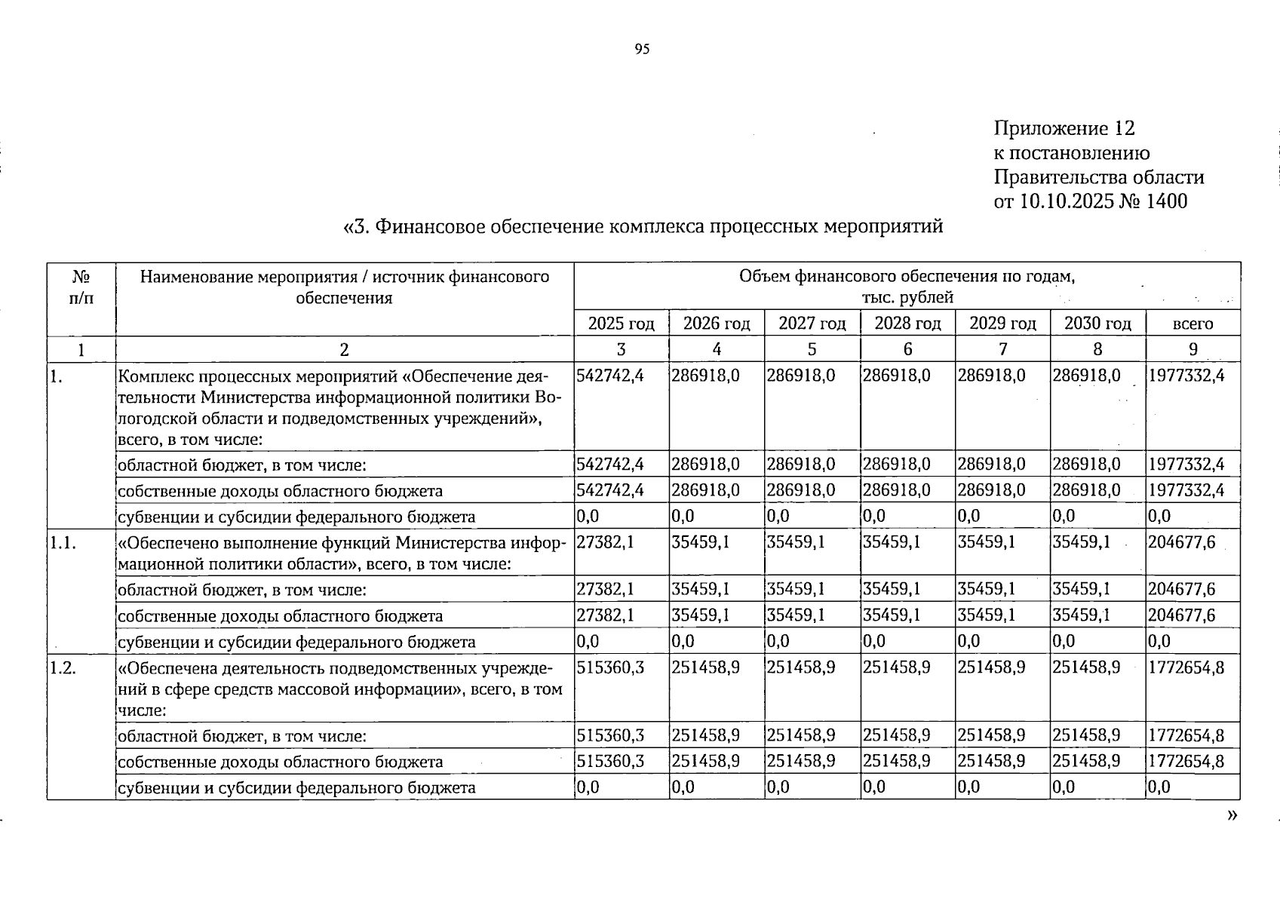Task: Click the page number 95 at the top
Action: [642, 50]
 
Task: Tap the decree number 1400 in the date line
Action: [1166, 201]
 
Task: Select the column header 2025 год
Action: [621, 324]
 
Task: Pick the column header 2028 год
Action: [907, 324]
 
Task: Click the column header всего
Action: [1193, 324]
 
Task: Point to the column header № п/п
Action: [81, 287]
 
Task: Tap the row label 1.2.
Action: [63, 667]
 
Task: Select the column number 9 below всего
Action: [1193, 349]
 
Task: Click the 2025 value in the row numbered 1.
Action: [610, 376]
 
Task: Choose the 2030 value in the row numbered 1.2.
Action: [1086, 667]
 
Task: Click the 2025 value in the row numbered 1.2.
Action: [610, 667]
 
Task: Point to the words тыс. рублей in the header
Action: [907, 297]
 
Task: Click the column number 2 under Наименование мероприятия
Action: [344, 349]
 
